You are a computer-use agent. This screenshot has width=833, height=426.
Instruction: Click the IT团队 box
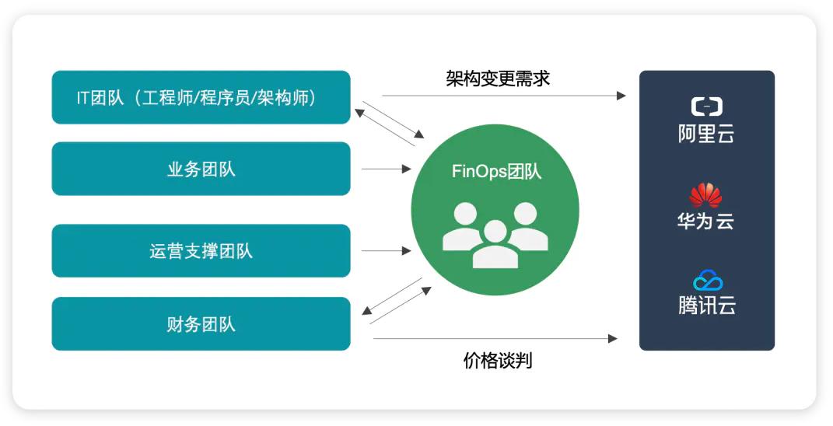point(201,97)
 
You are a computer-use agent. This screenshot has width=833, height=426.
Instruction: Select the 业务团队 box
point(201,169)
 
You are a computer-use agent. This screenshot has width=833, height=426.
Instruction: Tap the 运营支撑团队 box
point(201,251)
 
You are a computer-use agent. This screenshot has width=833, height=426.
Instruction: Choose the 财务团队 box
point(201,323)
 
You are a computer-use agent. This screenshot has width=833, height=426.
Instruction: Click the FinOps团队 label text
point(496,172)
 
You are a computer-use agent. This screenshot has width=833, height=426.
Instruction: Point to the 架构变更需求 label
point(498,79)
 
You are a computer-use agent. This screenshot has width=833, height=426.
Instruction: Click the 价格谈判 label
point(498,361)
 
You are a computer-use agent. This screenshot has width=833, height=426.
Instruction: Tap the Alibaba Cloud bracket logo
point(706,106)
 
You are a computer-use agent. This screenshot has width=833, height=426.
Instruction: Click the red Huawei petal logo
point(705,195)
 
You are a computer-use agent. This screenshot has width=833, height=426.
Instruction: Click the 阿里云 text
point(706,134)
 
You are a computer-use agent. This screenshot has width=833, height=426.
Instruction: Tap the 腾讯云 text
point(706,305)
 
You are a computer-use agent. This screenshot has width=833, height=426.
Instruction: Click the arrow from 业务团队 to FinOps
point(387,169)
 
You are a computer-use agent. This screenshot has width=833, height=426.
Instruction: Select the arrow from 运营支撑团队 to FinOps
point(387,251)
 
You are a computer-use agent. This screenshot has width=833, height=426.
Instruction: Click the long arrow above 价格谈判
point(495,338)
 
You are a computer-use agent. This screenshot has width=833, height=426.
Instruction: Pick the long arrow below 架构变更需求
point(504,96)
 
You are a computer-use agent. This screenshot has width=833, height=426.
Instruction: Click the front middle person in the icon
point(495,245)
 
